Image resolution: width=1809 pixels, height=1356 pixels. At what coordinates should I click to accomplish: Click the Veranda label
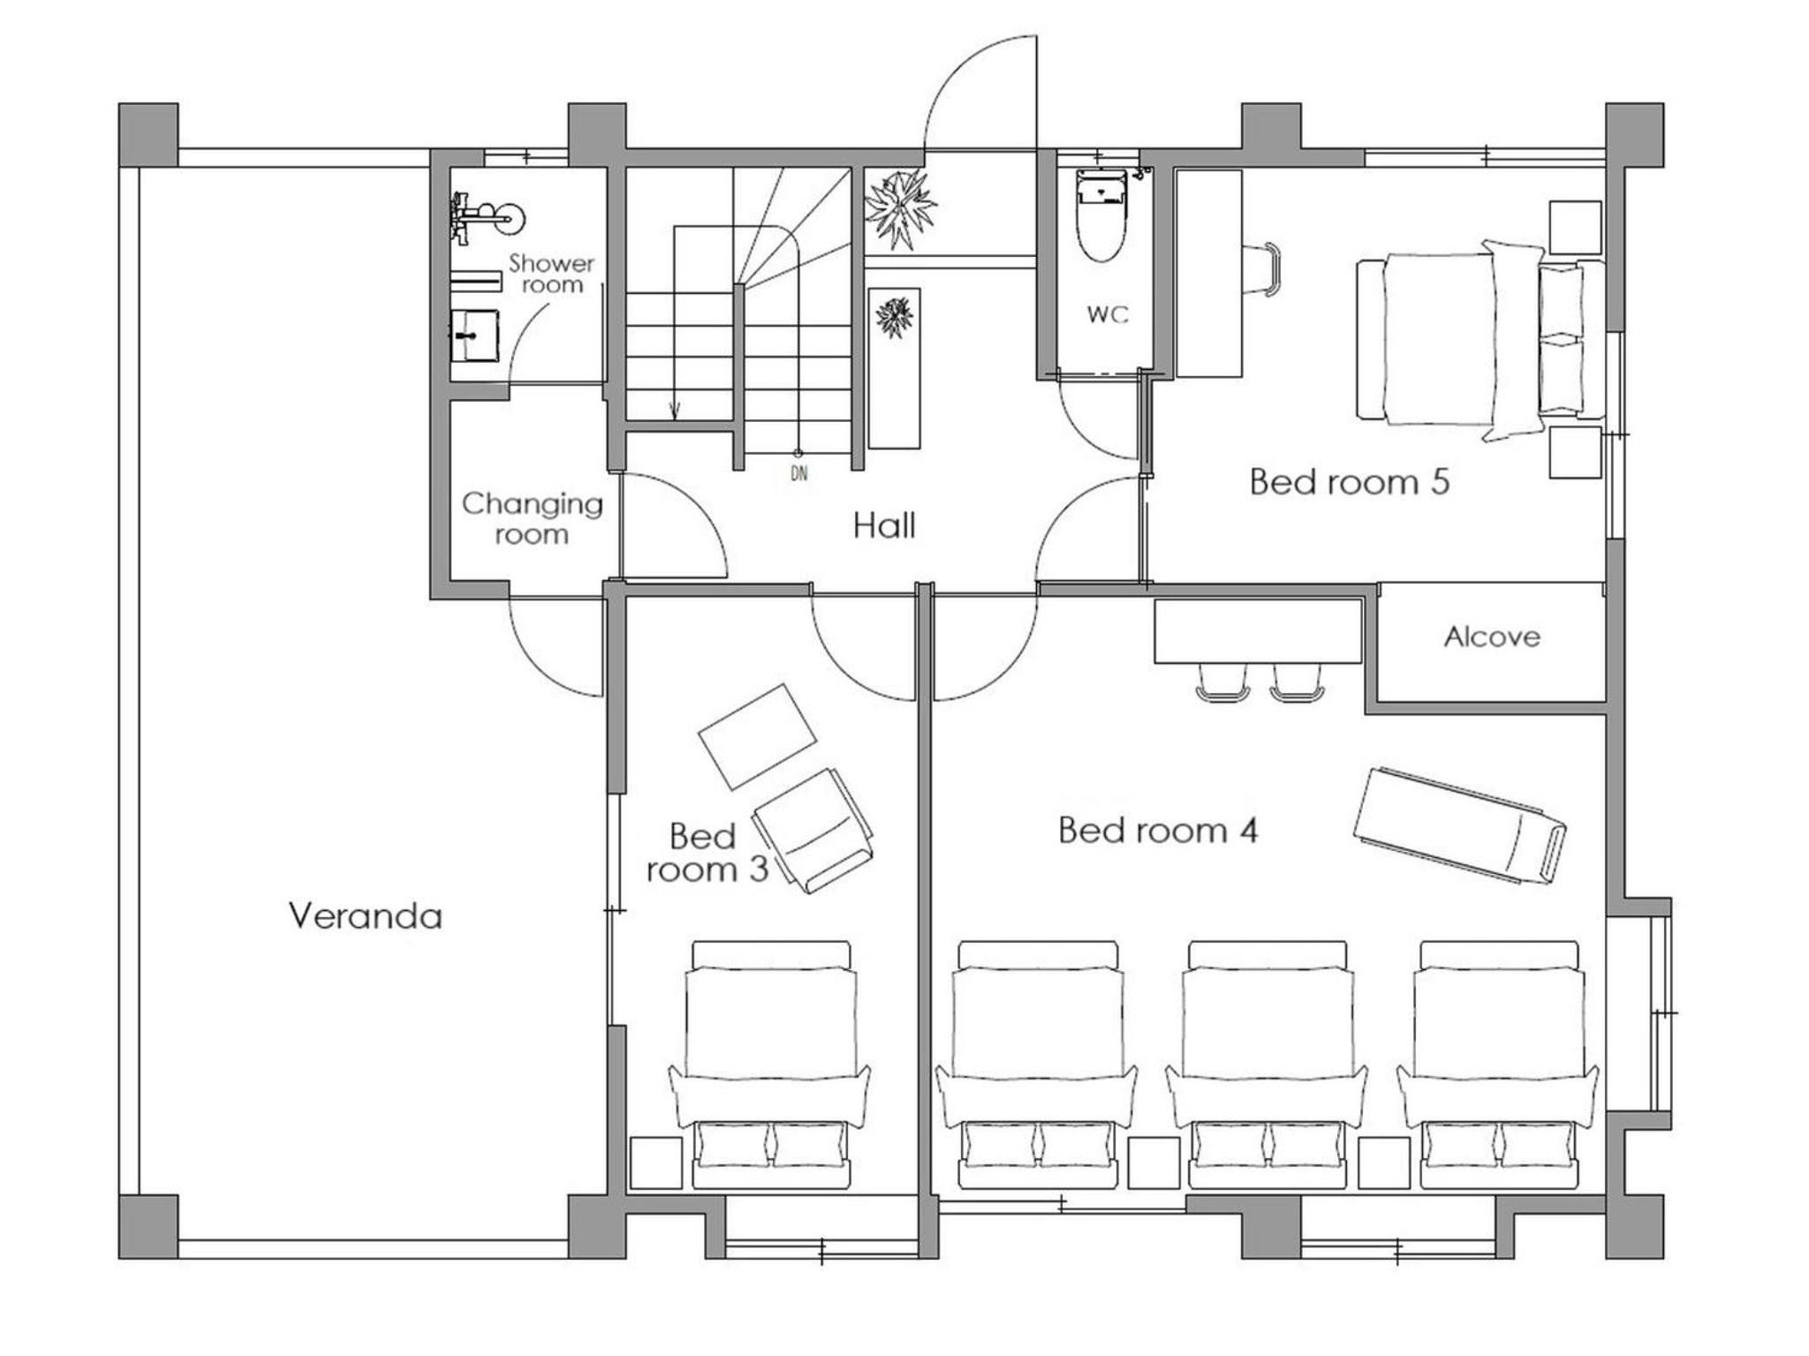tap(365, 916)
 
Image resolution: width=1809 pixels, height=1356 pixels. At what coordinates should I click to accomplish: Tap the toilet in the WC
tap(1101, 215)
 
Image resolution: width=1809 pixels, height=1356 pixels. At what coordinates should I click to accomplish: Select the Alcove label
tap(1492, 637)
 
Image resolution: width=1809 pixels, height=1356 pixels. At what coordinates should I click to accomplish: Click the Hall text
tap(884, 526)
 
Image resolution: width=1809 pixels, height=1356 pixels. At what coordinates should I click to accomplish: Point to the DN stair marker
tap(799, 474)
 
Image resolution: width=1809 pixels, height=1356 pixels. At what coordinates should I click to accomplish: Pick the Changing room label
tap(532, 519)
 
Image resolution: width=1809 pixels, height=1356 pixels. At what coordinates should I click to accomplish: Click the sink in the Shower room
tap(474, 335)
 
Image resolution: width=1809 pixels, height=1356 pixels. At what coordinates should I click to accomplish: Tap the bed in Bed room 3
tap(769, 1064)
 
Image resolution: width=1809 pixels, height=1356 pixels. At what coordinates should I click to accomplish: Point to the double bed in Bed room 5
tap(1480, 339)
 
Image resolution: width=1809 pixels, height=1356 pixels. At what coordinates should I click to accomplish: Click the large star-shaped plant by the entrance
tap(900, 209)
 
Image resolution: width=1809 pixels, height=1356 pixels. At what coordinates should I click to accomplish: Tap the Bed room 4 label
tap(1157, 831)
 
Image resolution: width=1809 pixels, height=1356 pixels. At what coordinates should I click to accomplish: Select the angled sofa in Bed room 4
tap(1459, 825)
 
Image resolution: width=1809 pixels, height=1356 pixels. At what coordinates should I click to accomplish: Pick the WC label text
tap(1108, 314)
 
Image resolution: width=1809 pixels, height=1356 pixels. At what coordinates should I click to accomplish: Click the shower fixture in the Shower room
tap(486, 217)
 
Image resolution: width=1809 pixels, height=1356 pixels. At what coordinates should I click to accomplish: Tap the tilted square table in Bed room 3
tap(757, 736)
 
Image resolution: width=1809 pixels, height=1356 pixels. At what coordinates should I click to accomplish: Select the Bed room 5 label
tap(1349, 482)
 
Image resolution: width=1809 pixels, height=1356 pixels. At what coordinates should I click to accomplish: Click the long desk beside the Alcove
tap(1258, 631)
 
